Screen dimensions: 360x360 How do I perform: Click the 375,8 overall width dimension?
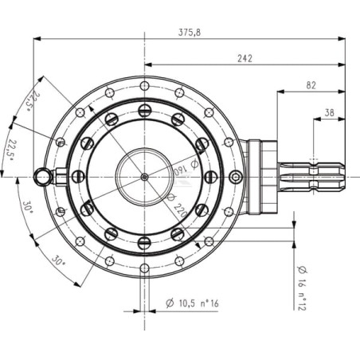[190, 33]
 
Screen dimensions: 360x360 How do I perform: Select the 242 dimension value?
[245, 58]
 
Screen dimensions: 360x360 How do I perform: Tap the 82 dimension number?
[311, 85]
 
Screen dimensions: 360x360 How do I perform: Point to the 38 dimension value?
[329, 113]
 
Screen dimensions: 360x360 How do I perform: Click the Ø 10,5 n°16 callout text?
[192, 303]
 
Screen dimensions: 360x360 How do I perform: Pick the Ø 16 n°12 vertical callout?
[302, 288]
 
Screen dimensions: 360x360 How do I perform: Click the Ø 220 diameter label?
[178, 205]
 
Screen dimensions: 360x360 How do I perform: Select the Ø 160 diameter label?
[186, 168]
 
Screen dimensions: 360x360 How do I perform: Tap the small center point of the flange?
[144, 177]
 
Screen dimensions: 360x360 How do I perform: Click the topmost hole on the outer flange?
[144, 86]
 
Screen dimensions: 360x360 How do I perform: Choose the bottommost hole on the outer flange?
[144, 268]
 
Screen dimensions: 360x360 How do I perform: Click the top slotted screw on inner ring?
[144, 111]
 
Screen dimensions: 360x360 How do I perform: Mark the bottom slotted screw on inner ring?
[144, 243]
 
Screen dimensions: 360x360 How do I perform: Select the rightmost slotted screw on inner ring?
[211, 177]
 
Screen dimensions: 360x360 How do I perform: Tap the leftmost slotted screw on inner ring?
[78, 177]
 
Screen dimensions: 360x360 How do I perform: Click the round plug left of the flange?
[42, 177]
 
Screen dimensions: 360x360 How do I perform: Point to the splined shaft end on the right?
[311, 177]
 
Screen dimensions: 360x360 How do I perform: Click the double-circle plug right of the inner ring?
[236, 177]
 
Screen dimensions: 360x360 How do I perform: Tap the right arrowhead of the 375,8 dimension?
[342, 39]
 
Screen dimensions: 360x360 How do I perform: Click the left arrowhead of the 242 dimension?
[148, 65]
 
